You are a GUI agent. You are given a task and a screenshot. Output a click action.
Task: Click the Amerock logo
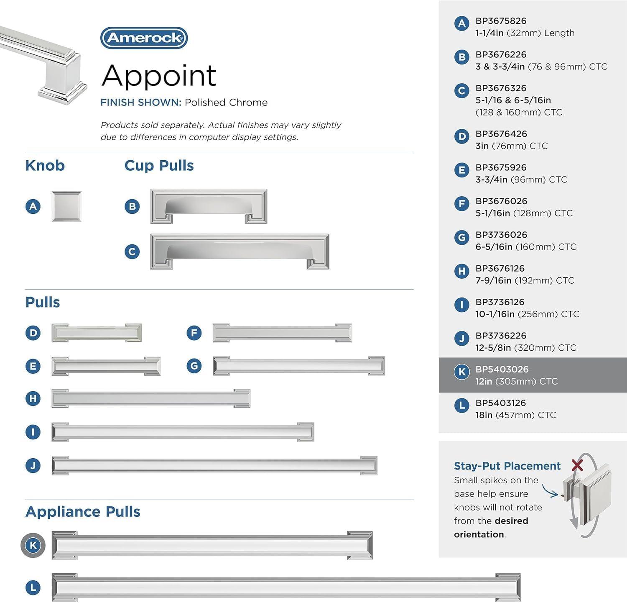click(144, 38)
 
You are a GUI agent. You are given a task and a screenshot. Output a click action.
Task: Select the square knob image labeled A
click(66, 206)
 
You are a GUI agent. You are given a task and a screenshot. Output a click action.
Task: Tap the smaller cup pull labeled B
click(209, 206)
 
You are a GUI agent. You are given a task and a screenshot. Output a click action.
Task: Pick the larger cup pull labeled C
click(240, 251)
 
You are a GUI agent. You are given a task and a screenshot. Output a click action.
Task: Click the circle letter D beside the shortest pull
click(33, 333)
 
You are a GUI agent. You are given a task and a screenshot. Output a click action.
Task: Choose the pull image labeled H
click(151, 398)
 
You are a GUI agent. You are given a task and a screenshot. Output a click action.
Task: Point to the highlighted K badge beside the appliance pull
click(33, 545)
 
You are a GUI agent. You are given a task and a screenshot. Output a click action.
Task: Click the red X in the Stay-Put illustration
click(577, 465)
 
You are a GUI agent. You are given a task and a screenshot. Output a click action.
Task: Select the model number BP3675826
click(501, 21)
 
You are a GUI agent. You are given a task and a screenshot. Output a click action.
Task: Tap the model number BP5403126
click(500, 403)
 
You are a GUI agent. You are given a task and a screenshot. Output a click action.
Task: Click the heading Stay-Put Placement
click(507, 466)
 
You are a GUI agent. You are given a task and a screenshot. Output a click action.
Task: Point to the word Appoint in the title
click(159, 76)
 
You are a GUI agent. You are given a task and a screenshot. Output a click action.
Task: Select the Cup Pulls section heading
click(159, 166)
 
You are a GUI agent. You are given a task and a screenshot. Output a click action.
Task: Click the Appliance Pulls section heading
click(83, 512)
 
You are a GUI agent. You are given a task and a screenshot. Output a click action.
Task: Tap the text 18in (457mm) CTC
click(515, 415)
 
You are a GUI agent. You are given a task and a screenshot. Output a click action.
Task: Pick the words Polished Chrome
click(226, 103)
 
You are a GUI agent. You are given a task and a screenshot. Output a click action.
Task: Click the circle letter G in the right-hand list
click(461, 238)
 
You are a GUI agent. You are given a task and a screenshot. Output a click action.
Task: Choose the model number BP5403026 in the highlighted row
click(502, 369)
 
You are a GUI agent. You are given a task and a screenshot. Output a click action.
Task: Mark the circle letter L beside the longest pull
click(33, 588)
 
